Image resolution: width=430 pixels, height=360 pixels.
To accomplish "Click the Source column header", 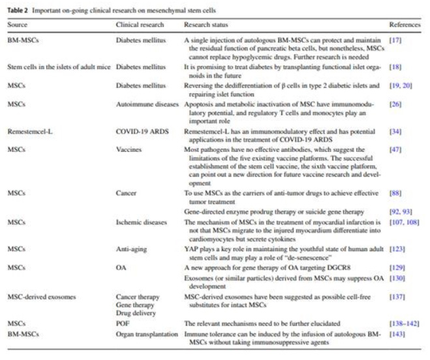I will point(18,24).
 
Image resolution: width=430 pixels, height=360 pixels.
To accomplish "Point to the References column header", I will point(405,24).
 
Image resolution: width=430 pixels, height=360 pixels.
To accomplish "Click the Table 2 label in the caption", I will point(19,11).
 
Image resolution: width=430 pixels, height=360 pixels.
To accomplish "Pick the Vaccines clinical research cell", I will point(129,149).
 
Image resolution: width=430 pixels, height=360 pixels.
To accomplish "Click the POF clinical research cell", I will point(123,323).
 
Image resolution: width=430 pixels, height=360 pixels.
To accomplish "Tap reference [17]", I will point(395,40).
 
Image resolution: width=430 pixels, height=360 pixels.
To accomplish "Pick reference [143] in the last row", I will point(397,335).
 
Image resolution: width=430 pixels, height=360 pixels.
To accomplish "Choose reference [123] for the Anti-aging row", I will point(397,248).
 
